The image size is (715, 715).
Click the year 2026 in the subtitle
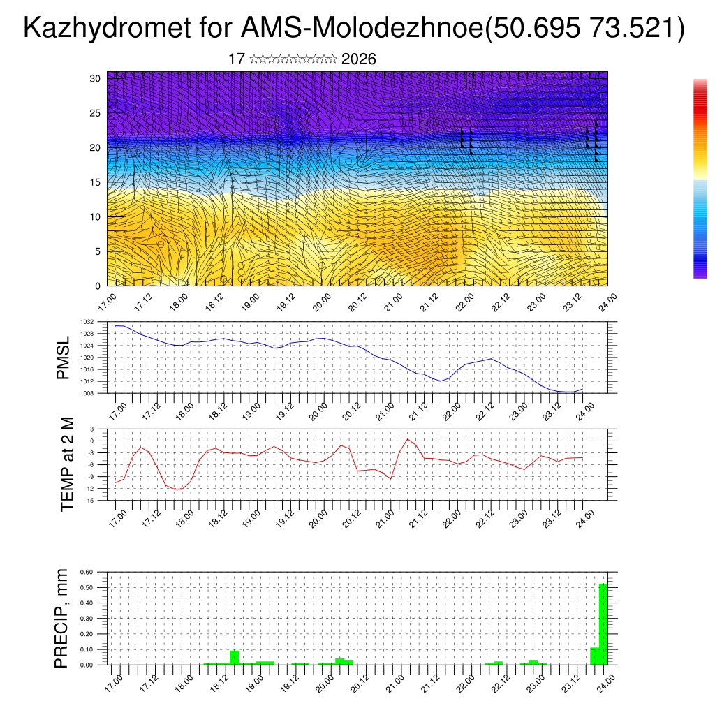pos(359,59)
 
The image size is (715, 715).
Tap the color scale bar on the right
pos(700,179)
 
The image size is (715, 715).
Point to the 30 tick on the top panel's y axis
pos(96,78)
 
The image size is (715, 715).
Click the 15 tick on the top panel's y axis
pos(96,182)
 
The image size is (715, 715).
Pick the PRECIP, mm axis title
pos(63,618)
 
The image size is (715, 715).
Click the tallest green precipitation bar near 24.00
pos(603,624)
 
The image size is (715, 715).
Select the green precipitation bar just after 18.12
pos(235,657)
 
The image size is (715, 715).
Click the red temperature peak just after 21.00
pos(408,439)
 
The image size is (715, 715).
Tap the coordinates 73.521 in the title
pos(633,29)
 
